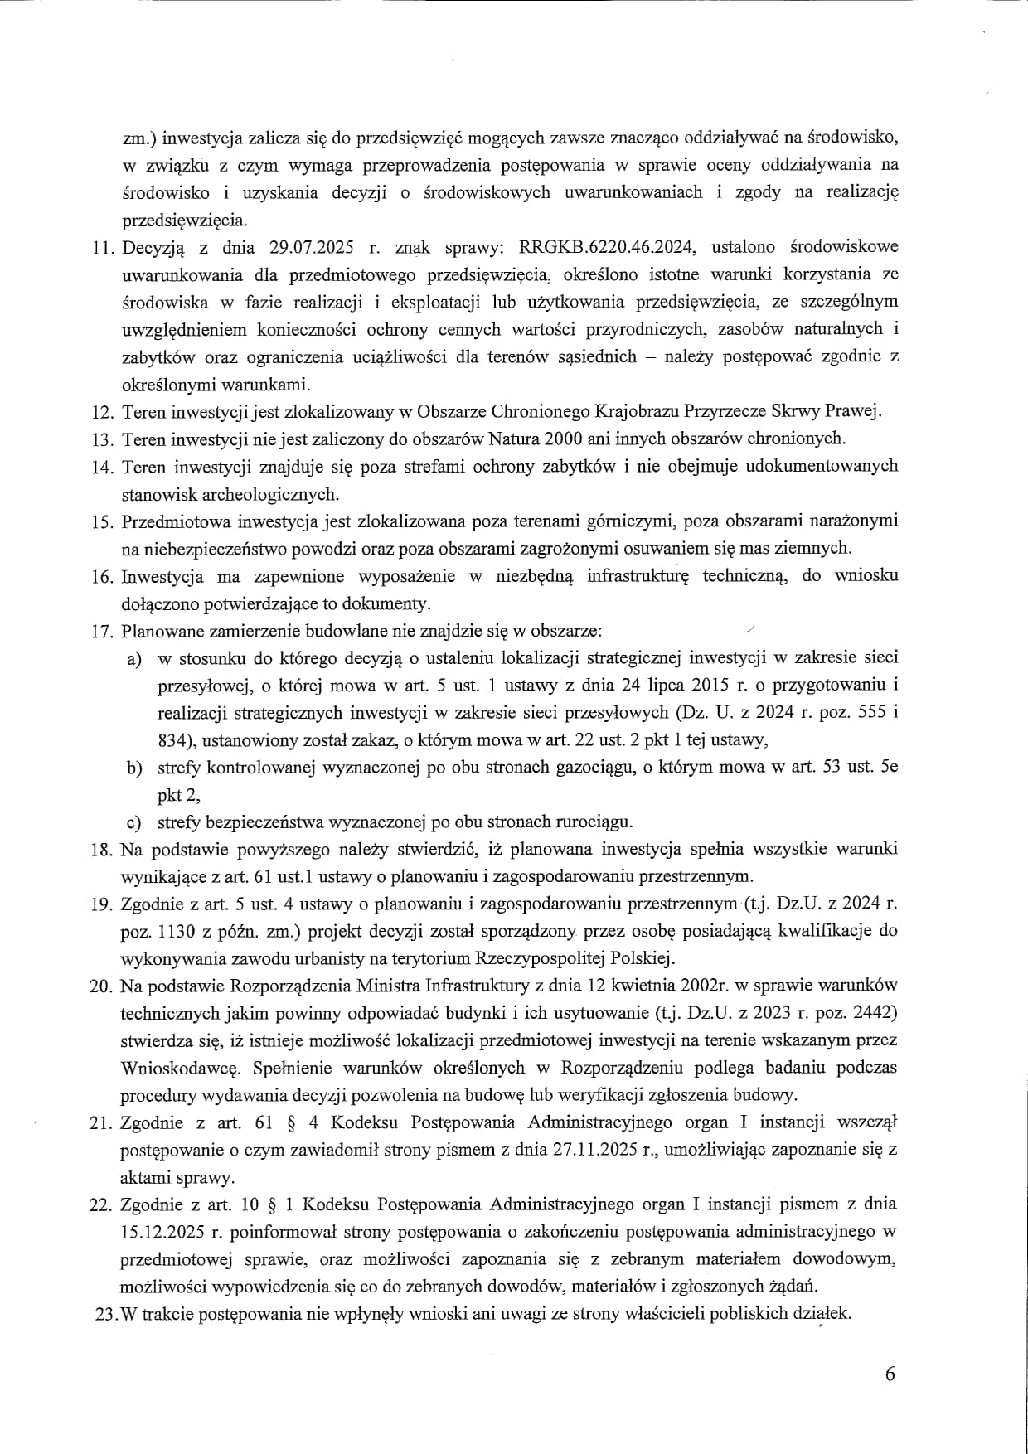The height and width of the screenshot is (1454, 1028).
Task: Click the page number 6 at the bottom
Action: point(890,1374)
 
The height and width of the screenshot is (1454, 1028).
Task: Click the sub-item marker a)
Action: point(133,659)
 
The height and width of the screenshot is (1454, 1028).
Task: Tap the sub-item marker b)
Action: point(133,768)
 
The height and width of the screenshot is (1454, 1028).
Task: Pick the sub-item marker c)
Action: point(133,823)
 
